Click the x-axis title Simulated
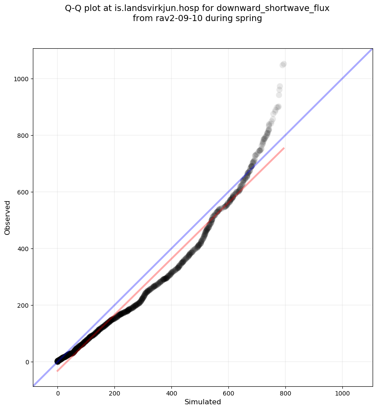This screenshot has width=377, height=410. coord(203,402)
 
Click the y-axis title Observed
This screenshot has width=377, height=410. coord(7,217)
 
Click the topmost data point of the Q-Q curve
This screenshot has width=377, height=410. coord(284,64)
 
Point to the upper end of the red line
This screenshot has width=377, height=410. coord(284,148)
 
